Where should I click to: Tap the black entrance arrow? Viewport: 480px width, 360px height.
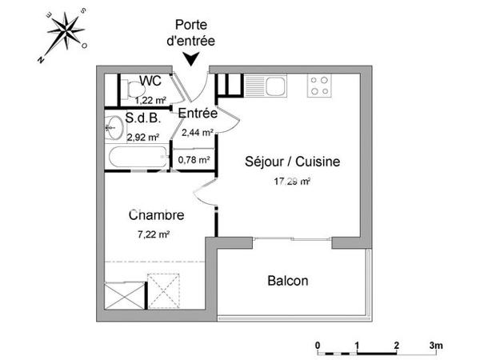point(192,59)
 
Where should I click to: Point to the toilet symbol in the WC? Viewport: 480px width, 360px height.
point(129,88)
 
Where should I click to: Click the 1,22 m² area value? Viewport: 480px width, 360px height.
point(150,101)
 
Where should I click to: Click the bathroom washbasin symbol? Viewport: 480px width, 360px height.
point(112,126)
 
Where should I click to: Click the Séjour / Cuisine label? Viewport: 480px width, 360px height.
point(292,162)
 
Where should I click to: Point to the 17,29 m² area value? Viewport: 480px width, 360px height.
point(292,182)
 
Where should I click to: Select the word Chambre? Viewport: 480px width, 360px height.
point(157,215)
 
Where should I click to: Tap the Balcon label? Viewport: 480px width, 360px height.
point(288,282)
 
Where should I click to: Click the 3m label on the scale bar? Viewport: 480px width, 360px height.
point(436,346)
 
